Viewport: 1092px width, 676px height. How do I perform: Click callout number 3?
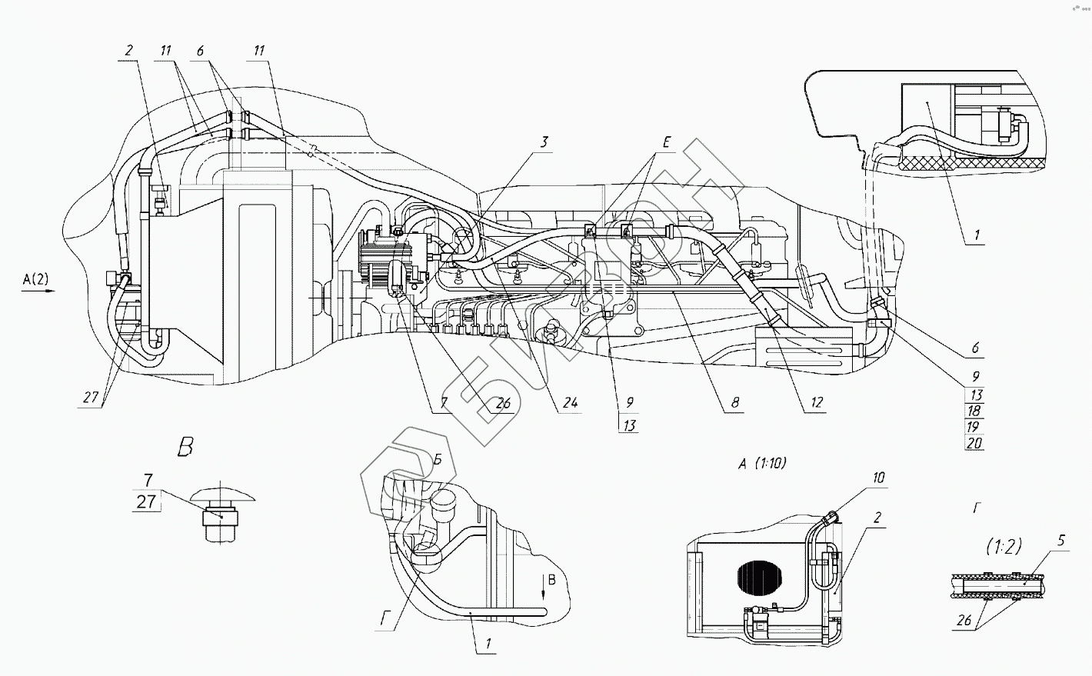544,142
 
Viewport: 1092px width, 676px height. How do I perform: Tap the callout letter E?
667,142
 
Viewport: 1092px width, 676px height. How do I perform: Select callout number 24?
570,403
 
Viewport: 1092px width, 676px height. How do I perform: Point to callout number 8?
735,402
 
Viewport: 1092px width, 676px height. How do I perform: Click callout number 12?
817,402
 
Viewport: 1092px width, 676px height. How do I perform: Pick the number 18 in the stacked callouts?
974,411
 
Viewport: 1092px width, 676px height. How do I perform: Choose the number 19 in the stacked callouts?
973,427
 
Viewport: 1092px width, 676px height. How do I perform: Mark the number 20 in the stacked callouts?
974,443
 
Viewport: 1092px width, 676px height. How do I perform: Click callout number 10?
878,478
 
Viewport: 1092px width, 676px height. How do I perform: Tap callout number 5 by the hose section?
1061,541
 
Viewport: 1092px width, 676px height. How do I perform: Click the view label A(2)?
35,279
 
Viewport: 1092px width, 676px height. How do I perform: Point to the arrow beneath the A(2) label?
38,291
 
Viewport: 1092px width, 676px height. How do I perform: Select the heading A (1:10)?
762,464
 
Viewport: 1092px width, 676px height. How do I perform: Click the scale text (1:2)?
1004,547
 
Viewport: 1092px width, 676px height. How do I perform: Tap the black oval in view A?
760,578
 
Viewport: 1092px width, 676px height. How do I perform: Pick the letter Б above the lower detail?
438,460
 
